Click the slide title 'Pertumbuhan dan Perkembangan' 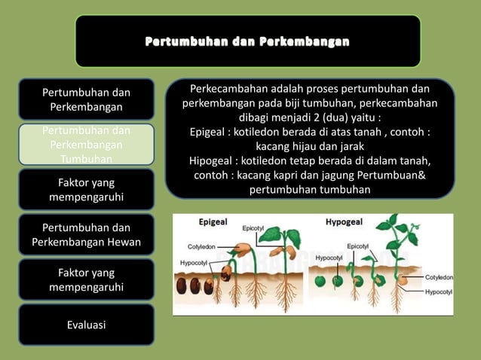(247, 41)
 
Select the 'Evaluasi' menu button (86, 325)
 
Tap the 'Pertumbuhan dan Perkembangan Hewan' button (86, 235)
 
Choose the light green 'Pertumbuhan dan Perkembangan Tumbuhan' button (86, 145)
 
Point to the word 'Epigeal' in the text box (212, 133)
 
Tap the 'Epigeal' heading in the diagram (213, 223)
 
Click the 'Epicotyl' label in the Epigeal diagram (253, 228)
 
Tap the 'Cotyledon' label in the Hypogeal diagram (440, 277)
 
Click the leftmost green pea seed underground (320, 281)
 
